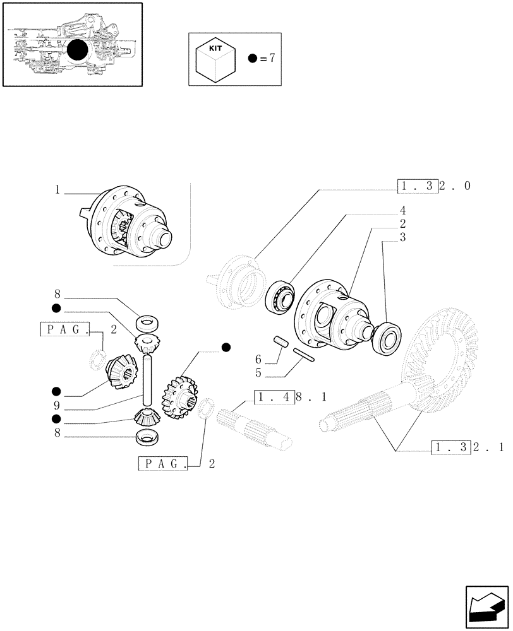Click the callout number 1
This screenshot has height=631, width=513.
[57, 189]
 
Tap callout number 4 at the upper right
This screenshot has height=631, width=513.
[402, 209]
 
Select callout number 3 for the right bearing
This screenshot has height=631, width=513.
[402, 237]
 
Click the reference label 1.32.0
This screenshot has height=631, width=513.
[435, 186]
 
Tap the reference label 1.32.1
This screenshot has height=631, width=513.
[468, 448]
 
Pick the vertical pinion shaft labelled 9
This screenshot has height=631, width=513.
[147, 381]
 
